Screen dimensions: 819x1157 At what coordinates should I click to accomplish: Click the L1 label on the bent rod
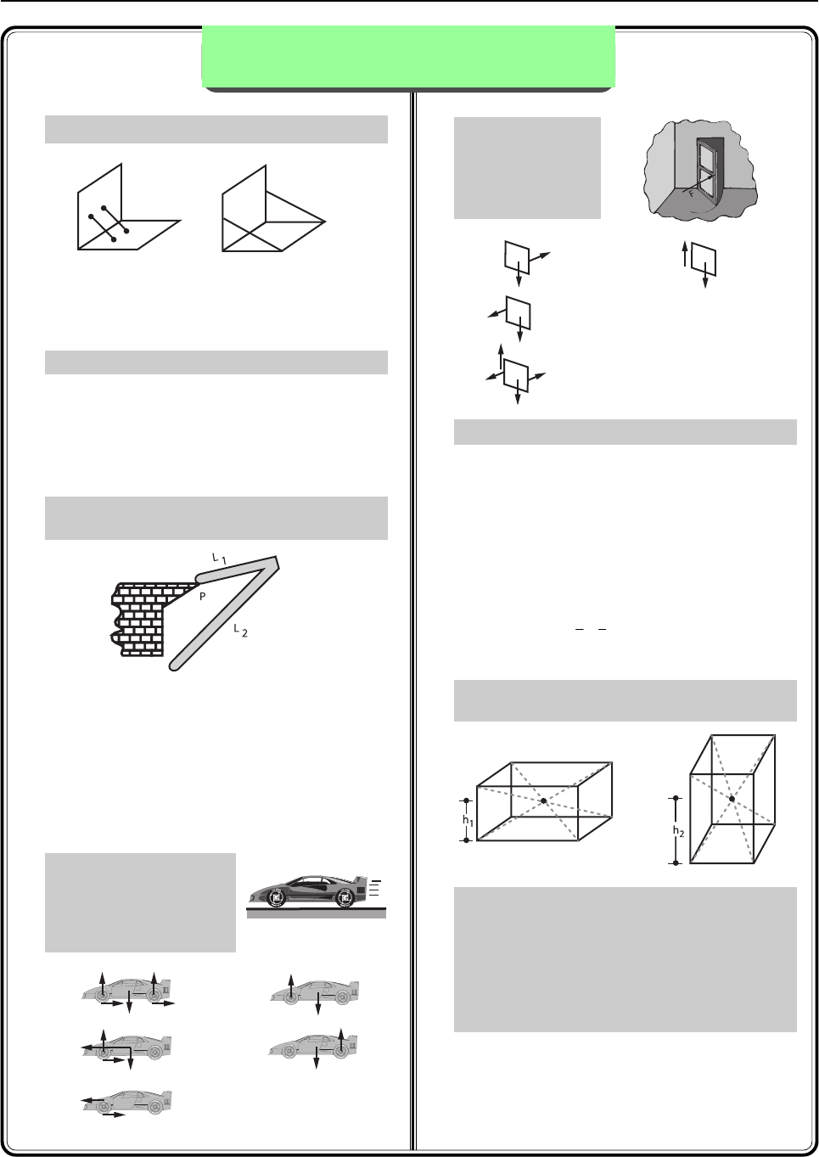point(219,559)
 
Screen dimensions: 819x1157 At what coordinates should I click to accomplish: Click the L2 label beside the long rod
point(241,630)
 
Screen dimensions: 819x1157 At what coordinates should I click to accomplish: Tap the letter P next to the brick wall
point(203,596)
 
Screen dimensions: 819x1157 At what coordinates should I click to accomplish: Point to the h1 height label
point(468,820)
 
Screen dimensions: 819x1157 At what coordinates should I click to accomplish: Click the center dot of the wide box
point(543,800)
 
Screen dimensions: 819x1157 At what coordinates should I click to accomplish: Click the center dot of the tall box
point(732,799)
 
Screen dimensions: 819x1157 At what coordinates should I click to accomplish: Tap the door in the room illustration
point(710,170)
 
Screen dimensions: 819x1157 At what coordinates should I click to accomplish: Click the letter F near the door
point(691,194)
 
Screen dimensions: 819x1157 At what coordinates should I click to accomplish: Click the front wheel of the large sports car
point(277,898)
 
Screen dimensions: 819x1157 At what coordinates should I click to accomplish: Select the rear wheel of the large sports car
point(345,898)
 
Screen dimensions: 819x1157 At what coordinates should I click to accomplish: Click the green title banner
point(408,56)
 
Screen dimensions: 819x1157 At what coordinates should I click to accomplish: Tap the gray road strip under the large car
point(317,913)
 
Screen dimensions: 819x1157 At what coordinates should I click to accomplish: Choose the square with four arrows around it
point(516,375)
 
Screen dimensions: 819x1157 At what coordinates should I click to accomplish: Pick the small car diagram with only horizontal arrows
point(126,1102)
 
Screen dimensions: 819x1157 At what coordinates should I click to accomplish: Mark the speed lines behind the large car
point(375,889)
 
